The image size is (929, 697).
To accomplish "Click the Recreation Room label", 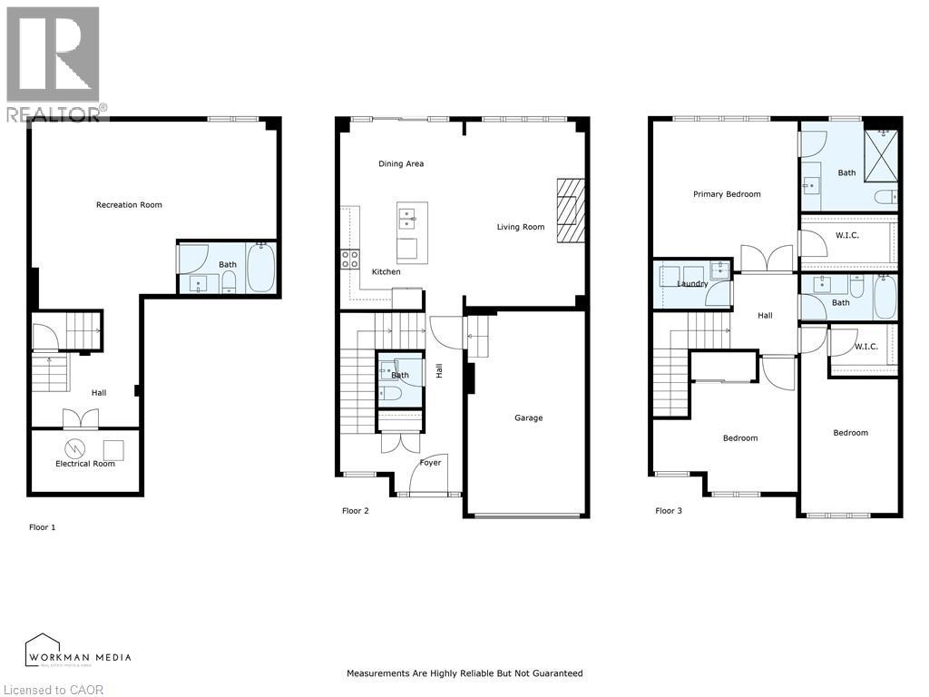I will [129, 205].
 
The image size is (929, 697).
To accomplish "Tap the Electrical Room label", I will [85, 464].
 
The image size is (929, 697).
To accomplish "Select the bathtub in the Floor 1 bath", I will [260, 268].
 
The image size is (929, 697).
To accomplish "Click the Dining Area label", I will [401, 164].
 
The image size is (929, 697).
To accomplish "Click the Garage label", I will [529, 418].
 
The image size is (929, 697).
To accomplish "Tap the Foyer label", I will [430, 463].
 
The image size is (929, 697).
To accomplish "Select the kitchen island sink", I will [406, 218].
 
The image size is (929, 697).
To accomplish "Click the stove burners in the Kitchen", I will [348, 260].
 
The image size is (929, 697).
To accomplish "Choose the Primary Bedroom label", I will [727, 194].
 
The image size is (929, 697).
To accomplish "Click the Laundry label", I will [692, 284].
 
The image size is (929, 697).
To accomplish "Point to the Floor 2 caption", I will [355, 511].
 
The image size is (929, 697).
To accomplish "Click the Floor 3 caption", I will [669, 511].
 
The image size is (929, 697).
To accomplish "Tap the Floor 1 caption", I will [42, 527].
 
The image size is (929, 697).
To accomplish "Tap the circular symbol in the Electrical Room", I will [75, 447].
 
